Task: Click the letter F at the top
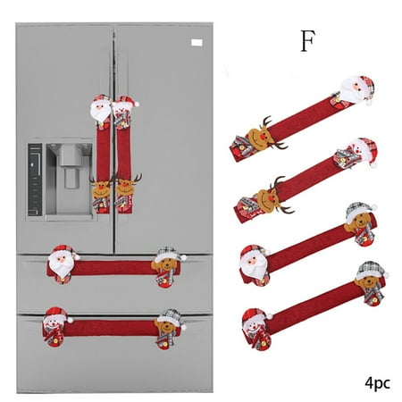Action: pyautogui.click(x=307, y=41)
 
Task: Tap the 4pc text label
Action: pyautogui.click(x=377, y=383)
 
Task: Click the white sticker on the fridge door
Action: pyautogui.click(x=197, y=43)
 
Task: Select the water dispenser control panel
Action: pyautogui.click(x=35, y=180)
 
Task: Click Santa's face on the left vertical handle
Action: pyautogui.click(x=101, y=110)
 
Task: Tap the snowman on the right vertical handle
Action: pyautogui.click(x=124, y=112)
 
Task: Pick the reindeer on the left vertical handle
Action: pyautogui.click(x=101, y=189)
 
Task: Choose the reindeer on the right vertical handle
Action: pyautogui.click(x=126, y=188)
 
